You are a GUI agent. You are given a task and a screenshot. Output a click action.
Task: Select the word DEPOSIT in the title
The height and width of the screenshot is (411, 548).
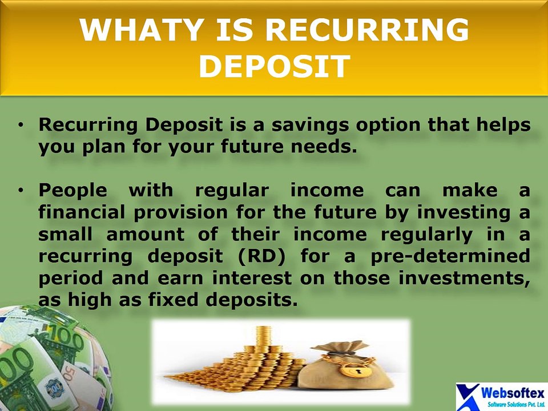(x=273, y=67)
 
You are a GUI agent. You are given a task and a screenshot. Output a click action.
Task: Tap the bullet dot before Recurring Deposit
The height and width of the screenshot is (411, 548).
(x=22, y=124)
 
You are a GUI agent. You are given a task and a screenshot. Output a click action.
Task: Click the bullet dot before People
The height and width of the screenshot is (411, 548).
(x=22, y=190)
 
